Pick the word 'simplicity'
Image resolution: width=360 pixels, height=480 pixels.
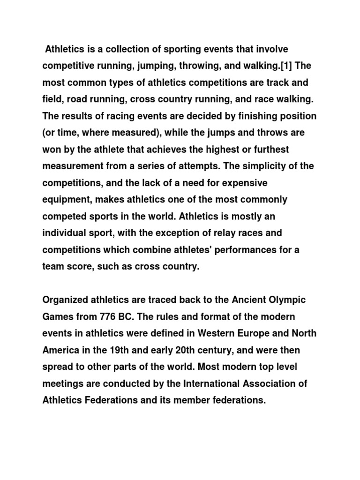pos(266,166)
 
